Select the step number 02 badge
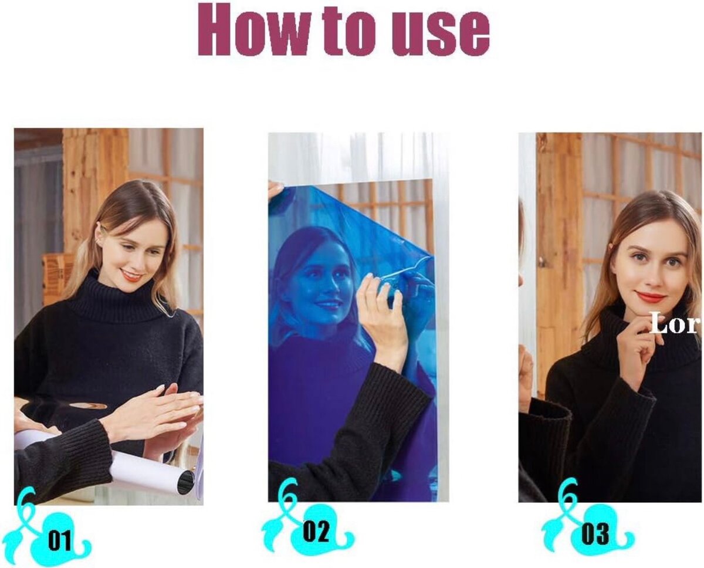click(x=317, y=532)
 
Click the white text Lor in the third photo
click(x=675, y=324)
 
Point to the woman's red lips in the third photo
click(x=651, y=297)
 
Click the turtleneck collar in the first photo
click(x=111, y=302)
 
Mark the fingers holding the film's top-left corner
click(x=276, y=189)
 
